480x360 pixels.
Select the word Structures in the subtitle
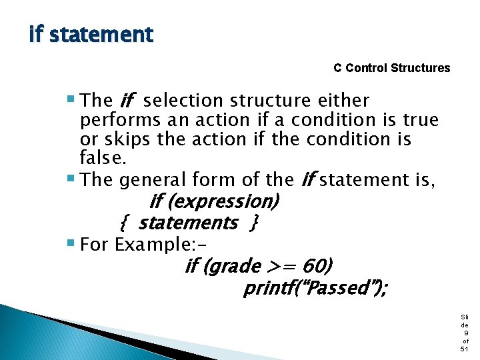pos(421,68)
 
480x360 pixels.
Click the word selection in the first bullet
pos(183,101)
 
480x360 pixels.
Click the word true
pos(421,120)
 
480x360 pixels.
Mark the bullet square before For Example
pos(71,245)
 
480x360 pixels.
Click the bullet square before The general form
pos(71,179)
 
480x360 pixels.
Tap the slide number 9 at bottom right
pos(464,333)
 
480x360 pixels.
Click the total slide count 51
pos(464,349)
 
